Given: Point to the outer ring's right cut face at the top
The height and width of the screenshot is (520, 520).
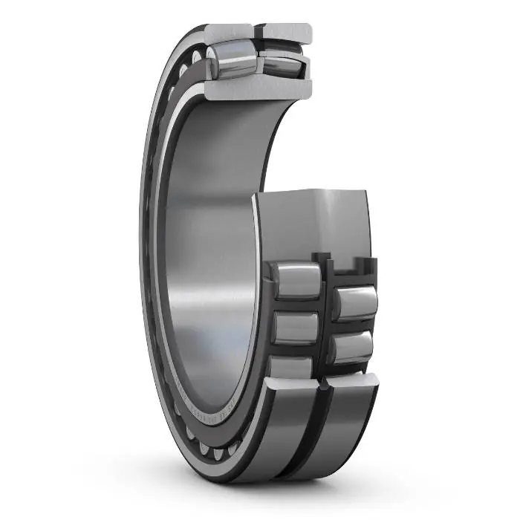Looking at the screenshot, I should coord(285,32).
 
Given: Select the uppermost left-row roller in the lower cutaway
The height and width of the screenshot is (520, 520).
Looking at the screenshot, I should coord(295,280).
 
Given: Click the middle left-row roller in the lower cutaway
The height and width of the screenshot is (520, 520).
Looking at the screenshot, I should coord(295,328).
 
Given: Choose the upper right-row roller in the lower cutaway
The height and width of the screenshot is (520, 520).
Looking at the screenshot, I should coord(353,305).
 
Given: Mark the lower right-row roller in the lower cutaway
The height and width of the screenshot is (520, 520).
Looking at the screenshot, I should coord(354,346).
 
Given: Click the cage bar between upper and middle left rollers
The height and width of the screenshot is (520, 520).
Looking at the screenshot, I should coord(295,305).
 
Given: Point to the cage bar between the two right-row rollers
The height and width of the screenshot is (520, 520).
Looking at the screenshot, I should coord(353,326).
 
